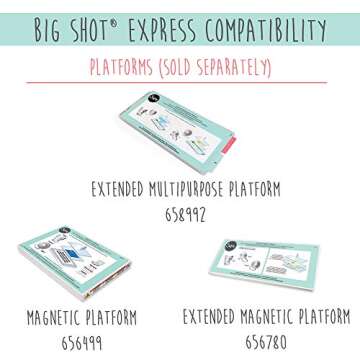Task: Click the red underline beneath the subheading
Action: coord(180,82)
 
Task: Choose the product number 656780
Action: coord(265,341)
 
